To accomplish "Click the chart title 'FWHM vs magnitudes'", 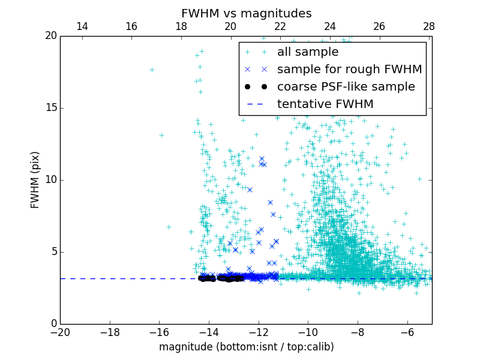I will pyautogui.click(x=246, y=13).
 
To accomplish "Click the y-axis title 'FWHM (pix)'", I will pyautogui.click(x=35, y=179).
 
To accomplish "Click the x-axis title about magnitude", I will pyautogui.click(x=246, y=347).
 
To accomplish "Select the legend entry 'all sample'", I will pyautogui.click(x=307, y=52).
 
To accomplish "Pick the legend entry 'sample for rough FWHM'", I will pyautogui.click(x=349, y=70).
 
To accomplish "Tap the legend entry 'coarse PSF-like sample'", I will pyautogui.click(x=346, y=87).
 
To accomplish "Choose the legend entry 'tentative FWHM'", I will pyautogui.click(x=325, y=104).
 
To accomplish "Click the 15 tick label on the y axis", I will pyautogui.click(x=50, y=108).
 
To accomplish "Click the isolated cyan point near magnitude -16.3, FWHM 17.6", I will pyautogui.click(x=152, y=70).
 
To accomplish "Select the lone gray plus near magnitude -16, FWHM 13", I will pyautogui.click(x=161, y=135).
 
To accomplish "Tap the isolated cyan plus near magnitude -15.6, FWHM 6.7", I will pyautogui.click(x=169, y=227).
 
